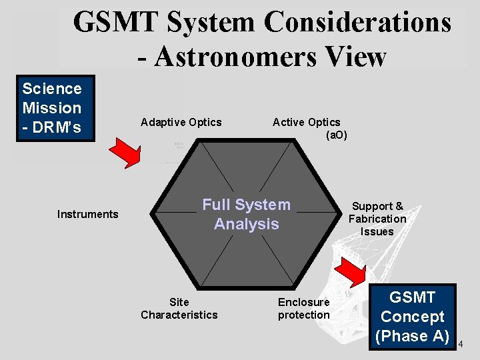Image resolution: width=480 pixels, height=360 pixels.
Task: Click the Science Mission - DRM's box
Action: pyautogui.click(x=52, y=108)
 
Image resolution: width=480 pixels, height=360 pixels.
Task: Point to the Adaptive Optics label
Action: pyautogui.click(x=181, y=122)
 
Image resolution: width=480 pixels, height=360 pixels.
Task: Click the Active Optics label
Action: pyautogui.click(x=306, y=122)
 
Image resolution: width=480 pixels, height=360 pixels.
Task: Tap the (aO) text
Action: pyautogui.click(x=336, y=135)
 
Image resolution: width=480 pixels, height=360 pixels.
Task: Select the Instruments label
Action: pyautogui.click(x=87, y=214)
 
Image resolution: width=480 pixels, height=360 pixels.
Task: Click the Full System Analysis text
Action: pyautogui.click(x=247, y=214)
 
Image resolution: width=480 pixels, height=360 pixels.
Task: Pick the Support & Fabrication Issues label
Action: pyautogui.click(x=377, y=219)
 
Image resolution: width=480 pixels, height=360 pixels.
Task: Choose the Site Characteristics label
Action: pyautogui.click(x=179, y=308)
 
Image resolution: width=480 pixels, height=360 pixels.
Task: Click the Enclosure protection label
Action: pyautogui.click(x=304, y=308)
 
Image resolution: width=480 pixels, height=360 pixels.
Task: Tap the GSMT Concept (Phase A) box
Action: pyautogui.click(x=412, y=317)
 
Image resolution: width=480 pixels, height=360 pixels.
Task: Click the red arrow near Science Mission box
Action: pyautogui.click(x=125, y=153)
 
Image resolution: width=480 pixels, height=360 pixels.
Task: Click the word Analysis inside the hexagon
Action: pyautogui.click(x=247, y=224)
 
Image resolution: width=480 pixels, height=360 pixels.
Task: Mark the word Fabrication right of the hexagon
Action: pyautogui.click(x=377, y=219)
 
